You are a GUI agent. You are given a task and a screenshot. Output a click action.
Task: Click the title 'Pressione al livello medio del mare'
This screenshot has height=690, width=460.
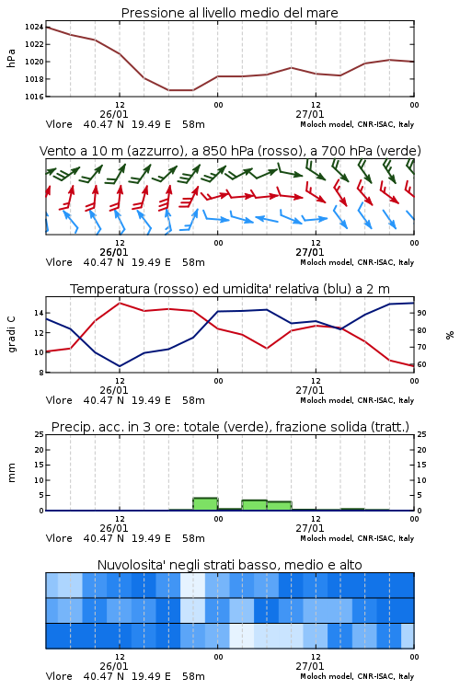229,13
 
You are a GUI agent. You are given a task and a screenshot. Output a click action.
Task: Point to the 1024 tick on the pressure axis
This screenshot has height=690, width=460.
34,27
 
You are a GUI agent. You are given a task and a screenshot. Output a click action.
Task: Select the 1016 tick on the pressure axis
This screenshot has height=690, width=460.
34,97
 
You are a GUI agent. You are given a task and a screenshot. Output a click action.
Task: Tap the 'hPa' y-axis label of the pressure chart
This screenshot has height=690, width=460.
11,58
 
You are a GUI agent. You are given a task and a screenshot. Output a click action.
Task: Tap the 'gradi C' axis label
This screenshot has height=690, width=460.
11,335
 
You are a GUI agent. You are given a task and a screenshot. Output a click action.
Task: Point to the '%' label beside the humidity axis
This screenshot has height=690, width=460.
450,335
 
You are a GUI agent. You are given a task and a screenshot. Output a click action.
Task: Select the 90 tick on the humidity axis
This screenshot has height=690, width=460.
421,313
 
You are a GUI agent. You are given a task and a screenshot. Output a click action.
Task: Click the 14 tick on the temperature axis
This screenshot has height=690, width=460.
39,313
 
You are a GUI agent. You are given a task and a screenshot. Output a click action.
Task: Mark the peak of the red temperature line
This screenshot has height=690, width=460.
120,303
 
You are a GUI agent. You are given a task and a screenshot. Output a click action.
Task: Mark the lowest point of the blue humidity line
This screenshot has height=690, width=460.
120,366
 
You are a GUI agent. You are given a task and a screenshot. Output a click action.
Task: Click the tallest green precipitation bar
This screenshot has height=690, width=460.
205,504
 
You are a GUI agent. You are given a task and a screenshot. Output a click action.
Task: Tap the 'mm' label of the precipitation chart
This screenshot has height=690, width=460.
11,473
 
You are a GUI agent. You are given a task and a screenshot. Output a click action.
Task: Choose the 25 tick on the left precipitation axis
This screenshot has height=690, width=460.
39,434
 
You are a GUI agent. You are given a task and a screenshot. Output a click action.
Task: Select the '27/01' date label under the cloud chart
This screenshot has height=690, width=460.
309,666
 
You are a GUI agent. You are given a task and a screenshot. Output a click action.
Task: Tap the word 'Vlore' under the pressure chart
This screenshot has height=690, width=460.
59,124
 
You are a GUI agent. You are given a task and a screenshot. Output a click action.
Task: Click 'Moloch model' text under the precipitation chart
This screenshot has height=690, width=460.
327,538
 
